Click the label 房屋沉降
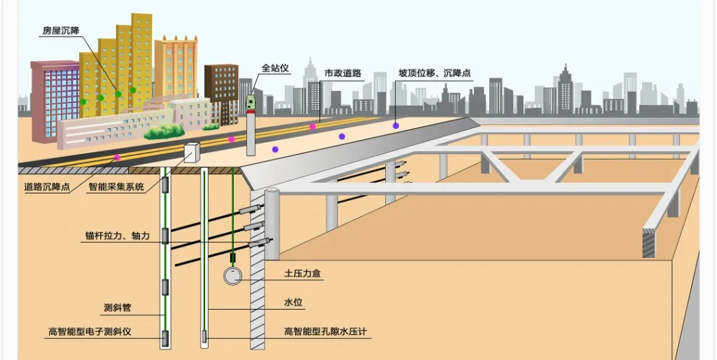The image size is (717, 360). pos(61,32)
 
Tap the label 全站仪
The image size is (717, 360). pos(275,69)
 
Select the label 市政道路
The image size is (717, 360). pos(343,73)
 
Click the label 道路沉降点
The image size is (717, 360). pos(46,187)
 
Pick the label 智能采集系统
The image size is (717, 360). pos(116,187)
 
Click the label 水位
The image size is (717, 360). pos(293,303)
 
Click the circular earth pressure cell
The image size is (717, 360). pos(233,276)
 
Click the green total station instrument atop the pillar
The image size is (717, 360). pos(251,104)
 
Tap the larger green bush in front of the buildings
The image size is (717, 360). pos(164,131)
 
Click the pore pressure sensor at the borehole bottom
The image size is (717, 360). pos(204,339)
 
